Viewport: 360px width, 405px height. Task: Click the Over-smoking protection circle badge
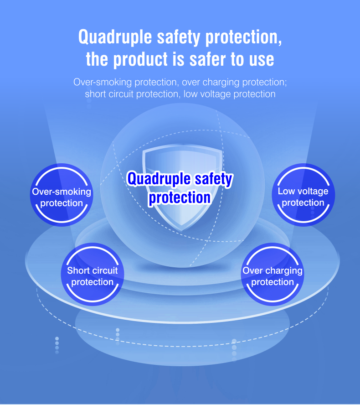(x=62, y=195)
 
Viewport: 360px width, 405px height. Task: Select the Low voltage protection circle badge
(x=303, y=195)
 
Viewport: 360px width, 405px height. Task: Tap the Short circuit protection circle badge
(x=93, y=274)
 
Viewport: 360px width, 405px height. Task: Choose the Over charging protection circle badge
(x=273, y=274)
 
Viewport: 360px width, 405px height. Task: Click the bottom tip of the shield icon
(x=181, y=231)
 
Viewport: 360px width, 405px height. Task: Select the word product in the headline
(x=141, y=60)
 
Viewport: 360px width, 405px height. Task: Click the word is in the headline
(x=178, y=59)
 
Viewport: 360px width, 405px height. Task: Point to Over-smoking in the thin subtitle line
(x=103, y=82)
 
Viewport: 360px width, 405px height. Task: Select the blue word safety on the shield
(x=213, y=179)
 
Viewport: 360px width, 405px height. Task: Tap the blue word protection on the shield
(x=180, y=198)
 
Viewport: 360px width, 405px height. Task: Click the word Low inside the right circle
(x=286, y=191)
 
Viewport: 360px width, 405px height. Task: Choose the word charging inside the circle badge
(x=284, y=271)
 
